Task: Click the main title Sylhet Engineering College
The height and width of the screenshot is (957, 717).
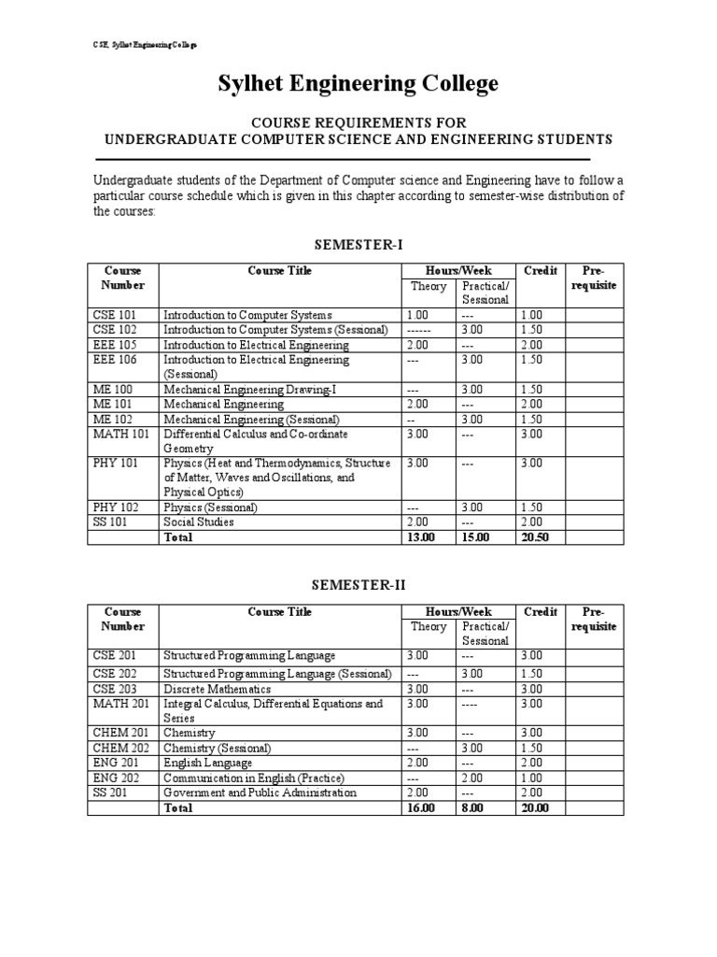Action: [358, 84]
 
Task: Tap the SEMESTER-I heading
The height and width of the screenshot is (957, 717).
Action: [358, 244]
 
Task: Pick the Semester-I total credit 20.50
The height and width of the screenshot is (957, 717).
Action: [538, 537]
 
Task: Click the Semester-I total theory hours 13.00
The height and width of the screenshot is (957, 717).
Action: [423, 537]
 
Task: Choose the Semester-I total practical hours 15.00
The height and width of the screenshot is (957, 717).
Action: [478, 537]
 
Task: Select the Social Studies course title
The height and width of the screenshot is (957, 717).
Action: [199, 522]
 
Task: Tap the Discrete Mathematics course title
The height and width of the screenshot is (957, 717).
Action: [218, 689]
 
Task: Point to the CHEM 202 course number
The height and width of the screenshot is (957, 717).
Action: [119, 748]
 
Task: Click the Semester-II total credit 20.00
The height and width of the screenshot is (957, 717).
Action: [538, 807]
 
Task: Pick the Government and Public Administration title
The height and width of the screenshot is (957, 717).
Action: [260, 793]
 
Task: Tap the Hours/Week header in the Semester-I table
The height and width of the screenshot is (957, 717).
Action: [457, 271]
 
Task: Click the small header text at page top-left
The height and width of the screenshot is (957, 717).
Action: [136, 44]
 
